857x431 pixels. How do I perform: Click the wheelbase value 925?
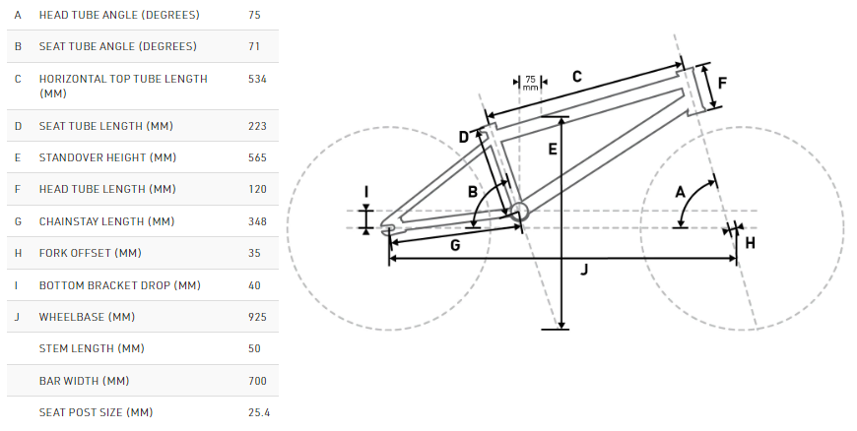click(x=257, y=317)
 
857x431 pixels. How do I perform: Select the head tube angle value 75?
click(x=254, y=15)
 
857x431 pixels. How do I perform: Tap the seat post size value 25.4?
click(x=259, y=412)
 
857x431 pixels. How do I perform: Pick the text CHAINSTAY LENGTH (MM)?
click(x=106, y=221)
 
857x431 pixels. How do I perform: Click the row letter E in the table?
click(x=18, y=157)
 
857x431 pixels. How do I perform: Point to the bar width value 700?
click(x=257, y=381)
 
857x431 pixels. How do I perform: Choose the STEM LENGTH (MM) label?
click(x=92, y=348)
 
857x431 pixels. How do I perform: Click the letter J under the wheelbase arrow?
click(x=584, y=270)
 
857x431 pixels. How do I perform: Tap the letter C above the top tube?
click(x=576, y=77)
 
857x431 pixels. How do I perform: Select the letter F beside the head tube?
click(x=722, y=83)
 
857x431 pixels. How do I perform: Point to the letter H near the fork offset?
click(x=750, y=243)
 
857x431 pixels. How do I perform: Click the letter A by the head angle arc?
click(x=680, y=192)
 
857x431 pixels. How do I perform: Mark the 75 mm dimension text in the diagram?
click(x=530, y=83)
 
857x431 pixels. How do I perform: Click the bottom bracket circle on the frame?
click(x=519, y=212)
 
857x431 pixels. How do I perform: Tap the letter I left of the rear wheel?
click(x=366, y=192)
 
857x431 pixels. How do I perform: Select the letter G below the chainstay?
click(x=455, y=245)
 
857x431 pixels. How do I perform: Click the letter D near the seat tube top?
click(x=464, y=137)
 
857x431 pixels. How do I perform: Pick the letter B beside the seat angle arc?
click(x=473, y=192)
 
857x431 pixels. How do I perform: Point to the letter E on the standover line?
click(x=553, y=149)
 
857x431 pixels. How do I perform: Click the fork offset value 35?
click(x=254, y=253)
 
